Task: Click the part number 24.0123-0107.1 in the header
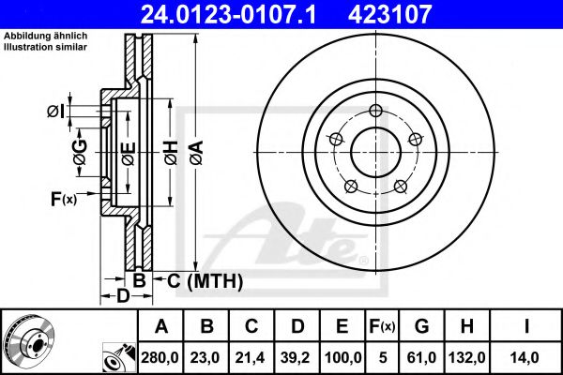(228, 14)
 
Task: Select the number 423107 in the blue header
(389, 14)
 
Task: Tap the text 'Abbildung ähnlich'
(46, 36)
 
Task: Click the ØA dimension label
(197, 153)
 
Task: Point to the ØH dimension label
(172, 153)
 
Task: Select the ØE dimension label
(129, 154)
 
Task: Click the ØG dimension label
(81, 152)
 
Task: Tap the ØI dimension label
(56, 112)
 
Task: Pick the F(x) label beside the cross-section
(64, 199)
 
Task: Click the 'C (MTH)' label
(205, 281)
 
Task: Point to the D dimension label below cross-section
(123, 296)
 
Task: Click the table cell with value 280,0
(160, 357)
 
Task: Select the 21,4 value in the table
(251, 357)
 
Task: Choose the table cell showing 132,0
(466, 357)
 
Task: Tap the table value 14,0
(526, 357)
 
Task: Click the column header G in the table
(421, 326)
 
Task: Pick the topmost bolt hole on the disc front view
(375, 111)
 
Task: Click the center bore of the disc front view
(375, 153)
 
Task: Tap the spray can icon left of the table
(119, 358)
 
